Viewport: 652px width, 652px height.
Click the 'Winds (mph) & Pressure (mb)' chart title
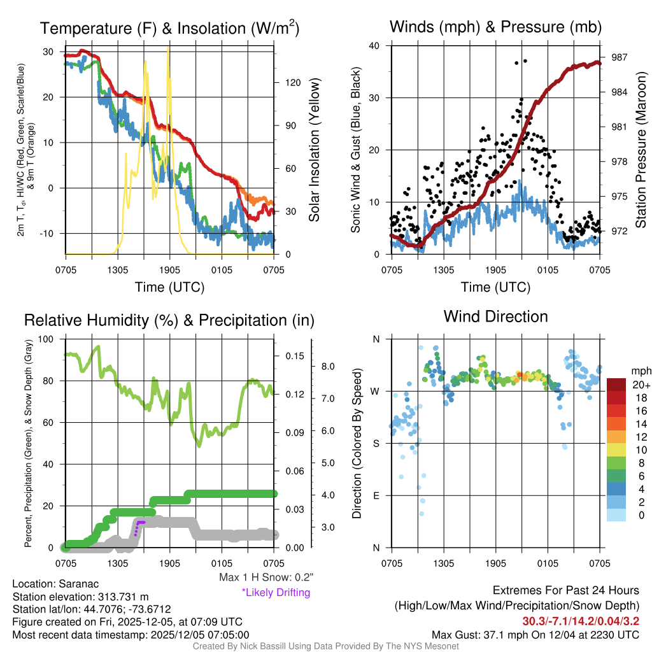(495, 27)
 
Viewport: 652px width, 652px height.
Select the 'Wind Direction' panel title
(495, 316)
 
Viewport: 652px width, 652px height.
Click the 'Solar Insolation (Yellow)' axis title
(314, 150)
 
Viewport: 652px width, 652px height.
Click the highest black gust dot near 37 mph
(525, 61)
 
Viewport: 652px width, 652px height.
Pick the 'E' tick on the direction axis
(376, 495)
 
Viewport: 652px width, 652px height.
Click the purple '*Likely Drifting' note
(276, 592)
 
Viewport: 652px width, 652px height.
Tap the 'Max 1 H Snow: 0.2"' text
(266, 578)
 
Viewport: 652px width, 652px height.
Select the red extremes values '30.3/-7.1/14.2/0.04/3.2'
(581, 621)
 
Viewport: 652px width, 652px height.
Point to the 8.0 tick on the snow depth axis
(327, 367)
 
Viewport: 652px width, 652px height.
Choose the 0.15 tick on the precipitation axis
(290, 356)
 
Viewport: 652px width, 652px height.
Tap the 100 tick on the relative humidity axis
(48, 339)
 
